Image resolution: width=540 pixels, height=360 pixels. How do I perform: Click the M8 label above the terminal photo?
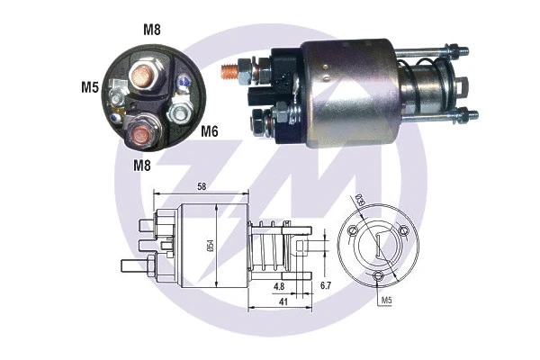coord(152,27)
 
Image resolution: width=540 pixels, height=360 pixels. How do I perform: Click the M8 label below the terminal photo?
coord(143,165)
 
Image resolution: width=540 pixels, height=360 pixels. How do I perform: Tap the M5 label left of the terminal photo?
coord(88,87)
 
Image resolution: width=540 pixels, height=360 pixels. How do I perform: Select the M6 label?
coord(210,131)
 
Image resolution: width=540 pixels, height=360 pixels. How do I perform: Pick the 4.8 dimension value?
coord(281,286)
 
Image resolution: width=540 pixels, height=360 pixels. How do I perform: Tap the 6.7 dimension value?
coord(327,286)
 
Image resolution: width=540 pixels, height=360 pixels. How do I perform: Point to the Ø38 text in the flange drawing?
coord(358,201)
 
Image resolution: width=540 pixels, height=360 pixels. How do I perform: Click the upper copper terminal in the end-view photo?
coord(143,75)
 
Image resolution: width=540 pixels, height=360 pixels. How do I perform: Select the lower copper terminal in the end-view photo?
coord(141,136)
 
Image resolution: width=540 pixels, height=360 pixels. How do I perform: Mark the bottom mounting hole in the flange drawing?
coord(379,277)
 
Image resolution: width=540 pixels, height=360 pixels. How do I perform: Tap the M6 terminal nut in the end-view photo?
coord(180,114)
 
